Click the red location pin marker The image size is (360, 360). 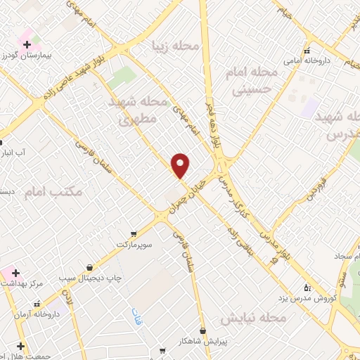pos(181,165)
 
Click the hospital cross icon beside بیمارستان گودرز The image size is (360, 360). pos(27,44)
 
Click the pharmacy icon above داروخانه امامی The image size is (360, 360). pos(306,51)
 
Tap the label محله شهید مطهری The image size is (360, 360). pos(139,111)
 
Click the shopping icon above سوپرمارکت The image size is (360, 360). pos(134,234)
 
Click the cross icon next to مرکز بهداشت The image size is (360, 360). pos(15,272)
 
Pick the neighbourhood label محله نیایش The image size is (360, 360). pos(253,319)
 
